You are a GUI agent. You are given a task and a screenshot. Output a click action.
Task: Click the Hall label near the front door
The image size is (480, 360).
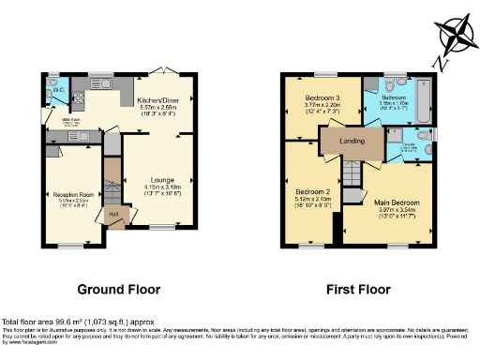114,213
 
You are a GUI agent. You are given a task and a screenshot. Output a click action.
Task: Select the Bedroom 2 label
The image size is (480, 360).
307,192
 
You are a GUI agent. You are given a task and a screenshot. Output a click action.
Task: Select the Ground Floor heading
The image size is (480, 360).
118,289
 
